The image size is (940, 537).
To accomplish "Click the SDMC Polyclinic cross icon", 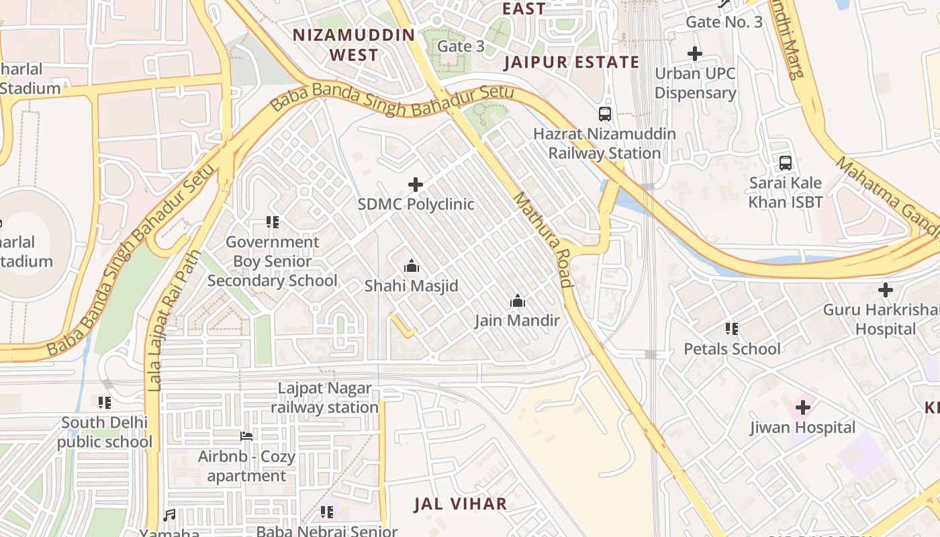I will pos(416,184).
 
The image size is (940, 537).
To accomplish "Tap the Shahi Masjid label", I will pos(411,286).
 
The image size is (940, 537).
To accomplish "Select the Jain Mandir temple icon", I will pos(517,301).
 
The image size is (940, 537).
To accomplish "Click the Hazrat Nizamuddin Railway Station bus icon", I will pos(605,113).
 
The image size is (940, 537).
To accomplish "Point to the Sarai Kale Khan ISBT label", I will pos(785,192).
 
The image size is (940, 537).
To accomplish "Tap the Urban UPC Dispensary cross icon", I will pos(695,53).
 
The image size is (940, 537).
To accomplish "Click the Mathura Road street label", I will pos(543,240).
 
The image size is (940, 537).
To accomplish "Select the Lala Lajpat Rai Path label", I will pos(156,321).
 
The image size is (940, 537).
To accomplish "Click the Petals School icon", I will pos(732,329).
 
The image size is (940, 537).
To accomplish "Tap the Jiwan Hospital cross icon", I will pos(802,407).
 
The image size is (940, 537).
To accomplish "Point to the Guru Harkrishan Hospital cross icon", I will pos(885,290).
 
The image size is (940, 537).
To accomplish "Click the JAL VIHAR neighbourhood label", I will pos(460,504).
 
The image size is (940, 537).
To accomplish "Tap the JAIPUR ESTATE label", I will pos(571,62).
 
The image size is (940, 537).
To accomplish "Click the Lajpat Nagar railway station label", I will pos(325,398).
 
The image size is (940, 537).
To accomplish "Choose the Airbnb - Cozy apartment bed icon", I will pos(246,436).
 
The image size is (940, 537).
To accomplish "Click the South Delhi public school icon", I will pos(105,403).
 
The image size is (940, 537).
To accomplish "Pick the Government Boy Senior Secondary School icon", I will pos(272,222).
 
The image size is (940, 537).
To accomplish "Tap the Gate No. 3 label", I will pos(724,22).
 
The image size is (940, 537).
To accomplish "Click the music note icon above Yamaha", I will pos(169,515).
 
